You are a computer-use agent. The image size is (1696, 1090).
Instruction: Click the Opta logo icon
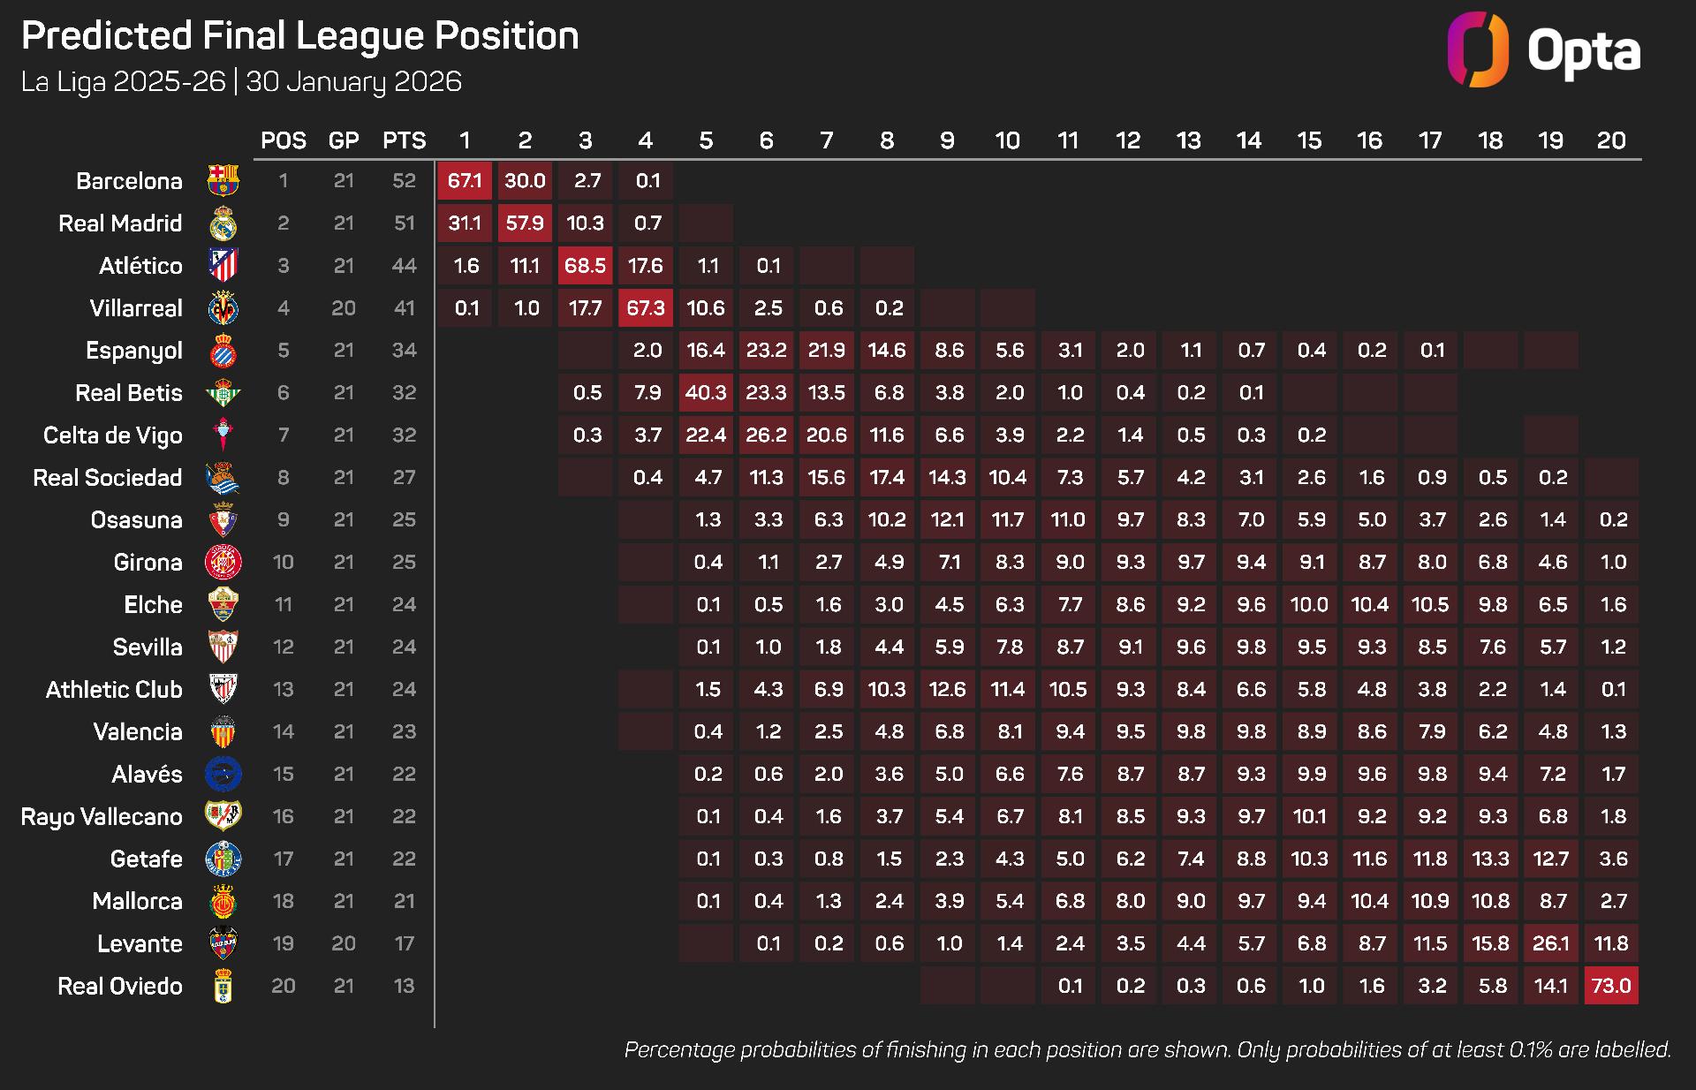(1477, 49)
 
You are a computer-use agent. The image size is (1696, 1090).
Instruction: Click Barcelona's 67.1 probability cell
(465, 181)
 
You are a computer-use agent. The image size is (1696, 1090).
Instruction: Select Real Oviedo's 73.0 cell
(1611, 986)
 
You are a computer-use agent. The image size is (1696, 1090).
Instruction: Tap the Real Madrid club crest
(223, 224)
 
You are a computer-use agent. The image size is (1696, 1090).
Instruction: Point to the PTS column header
(404, 140)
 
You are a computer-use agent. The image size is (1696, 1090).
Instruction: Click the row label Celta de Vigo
(112, 435)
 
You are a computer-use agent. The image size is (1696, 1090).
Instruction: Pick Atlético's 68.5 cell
(585, 266)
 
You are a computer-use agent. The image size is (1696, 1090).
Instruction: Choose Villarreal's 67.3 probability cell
(646, 308)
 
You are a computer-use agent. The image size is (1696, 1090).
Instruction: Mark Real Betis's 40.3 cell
(706, 393)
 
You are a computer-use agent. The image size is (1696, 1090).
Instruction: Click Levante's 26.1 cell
(1550, 943)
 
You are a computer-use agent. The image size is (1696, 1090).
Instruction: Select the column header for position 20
(1610, 140)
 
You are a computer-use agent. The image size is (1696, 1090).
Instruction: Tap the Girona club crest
(223, 563)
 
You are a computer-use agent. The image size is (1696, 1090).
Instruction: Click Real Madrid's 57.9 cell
(525, 223)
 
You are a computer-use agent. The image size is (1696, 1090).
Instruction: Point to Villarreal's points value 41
(404, 308)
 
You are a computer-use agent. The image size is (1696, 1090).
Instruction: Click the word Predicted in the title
(107, 36)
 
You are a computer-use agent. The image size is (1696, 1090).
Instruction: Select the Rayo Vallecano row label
(102, 817)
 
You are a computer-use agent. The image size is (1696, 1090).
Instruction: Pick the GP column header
(344, 140)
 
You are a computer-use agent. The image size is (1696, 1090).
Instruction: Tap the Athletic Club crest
(223, 689)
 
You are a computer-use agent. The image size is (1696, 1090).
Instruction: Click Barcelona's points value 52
(404, 181)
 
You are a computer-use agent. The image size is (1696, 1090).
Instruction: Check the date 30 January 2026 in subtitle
(353, 82)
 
